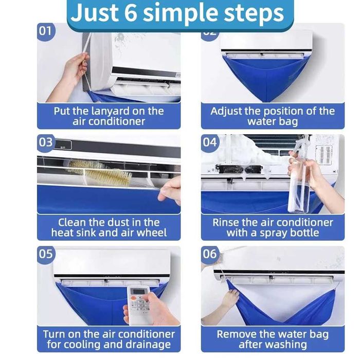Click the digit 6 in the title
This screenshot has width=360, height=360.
tap(131, 12)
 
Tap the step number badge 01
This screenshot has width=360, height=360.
tap(46, 31)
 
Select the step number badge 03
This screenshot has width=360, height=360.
tap(46, 142)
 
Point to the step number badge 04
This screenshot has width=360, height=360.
tap(210, 142)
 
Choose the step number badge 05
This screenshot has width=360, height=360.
tap(46, 254)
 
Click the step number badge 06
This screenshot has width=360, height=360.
tap(210, 254)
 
